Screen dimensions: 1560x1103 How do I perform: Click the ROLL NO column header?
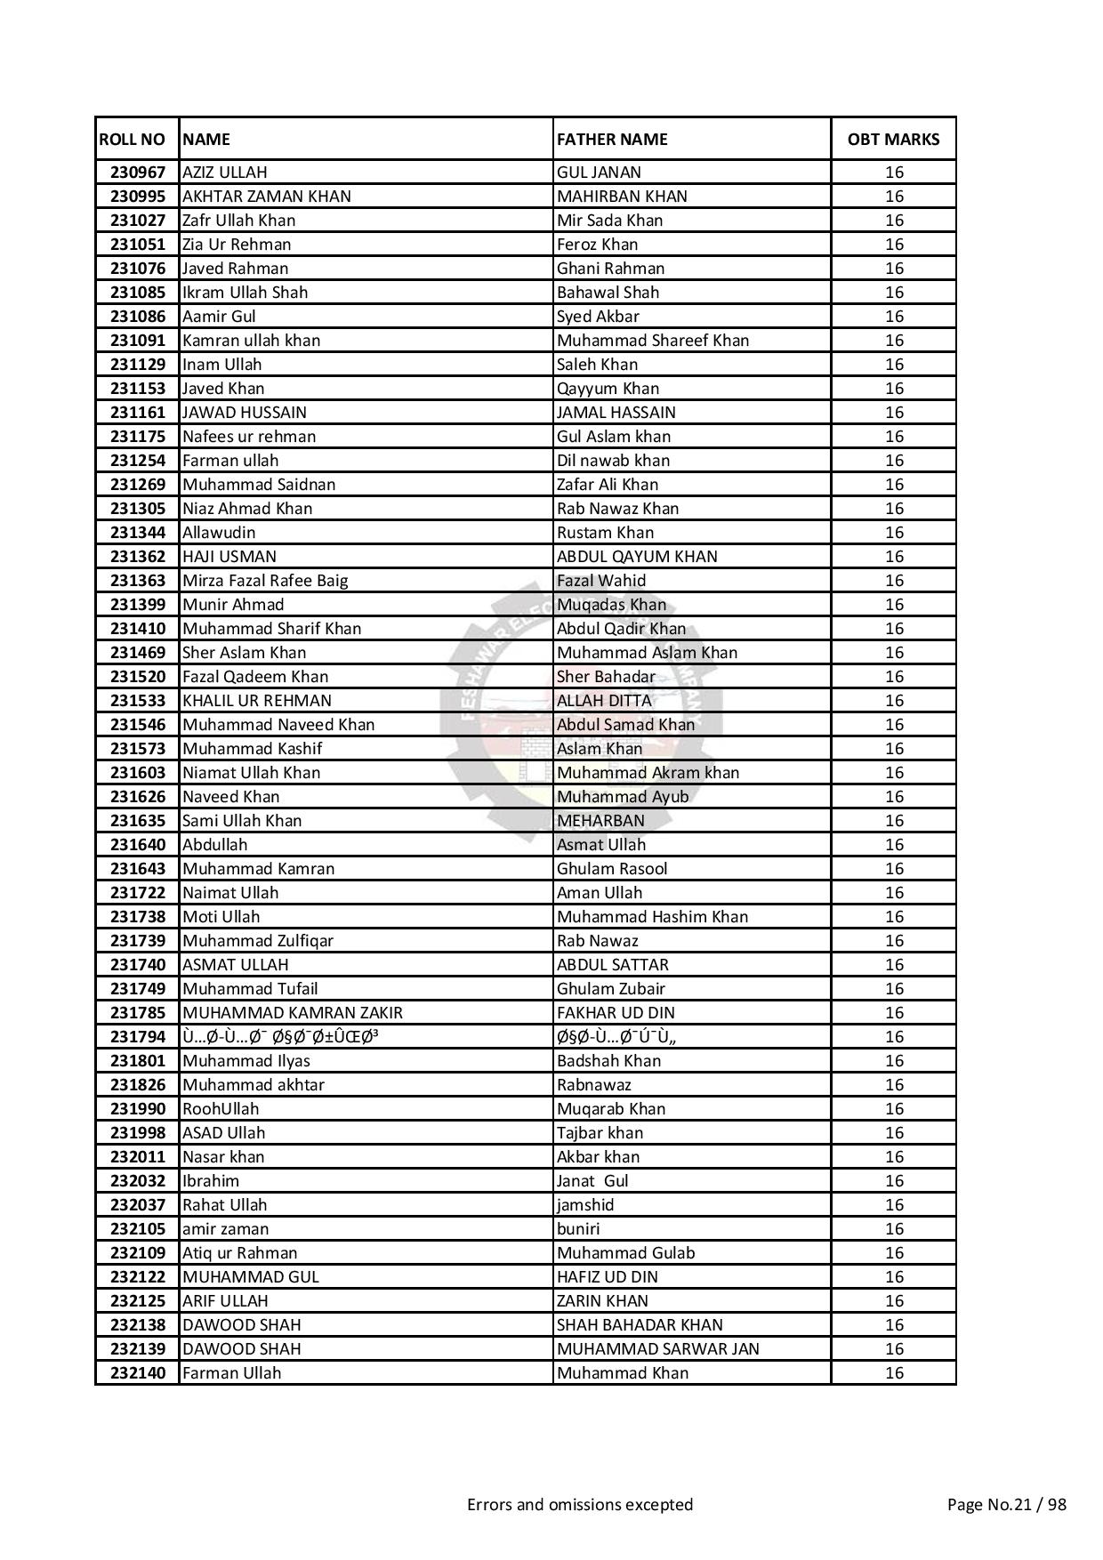click(132, 139)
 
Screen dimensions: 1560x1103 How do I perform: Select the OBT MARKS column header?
click(893, 139)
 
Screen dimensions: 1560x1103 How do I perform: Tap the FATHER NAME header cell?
click(612, 139)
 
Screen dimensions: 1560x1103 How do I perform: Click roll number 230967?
click(138, 172)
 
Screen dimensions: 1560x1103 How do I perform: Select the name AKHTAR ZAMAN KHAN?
click(266, 196)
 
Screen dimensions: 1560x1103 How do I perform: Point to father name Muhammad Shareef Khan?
click(653, 340)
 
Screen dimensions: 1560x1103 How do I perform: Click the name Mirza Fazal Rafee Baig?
click(265, 580)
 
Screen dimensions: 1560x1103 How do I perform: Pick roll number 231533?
click(138, 700)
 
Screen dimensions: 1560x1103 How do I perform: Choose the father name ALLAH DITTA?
click(604, 700)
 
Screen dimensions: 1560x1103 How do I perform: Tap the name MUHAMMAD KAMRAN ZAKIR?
click(293, 1012)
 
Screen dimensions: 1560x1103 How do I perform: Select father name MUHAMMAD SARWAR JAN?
click(658, 1348)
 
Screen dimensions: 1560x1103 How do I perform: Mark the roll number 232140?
click(138, 1372)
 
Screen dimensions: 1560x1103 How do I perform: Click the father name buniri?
click(578, 1228)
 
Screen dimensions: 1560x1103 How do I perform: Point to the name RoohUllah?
click(221, 1108)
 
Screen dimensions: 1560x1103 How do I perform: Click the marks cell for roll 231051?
click(894, 244)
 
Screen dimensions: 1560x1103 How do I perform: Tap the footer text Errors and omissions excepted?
click(580, 1504)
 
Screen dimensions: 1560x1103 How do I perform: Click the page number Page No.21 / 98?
click(1006, 1504)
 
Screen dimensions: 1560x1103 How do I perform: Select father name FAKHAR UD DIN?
click(616, 1012)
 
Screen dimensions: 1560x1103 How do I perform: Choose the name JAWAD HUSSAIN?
click(245, 412)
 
